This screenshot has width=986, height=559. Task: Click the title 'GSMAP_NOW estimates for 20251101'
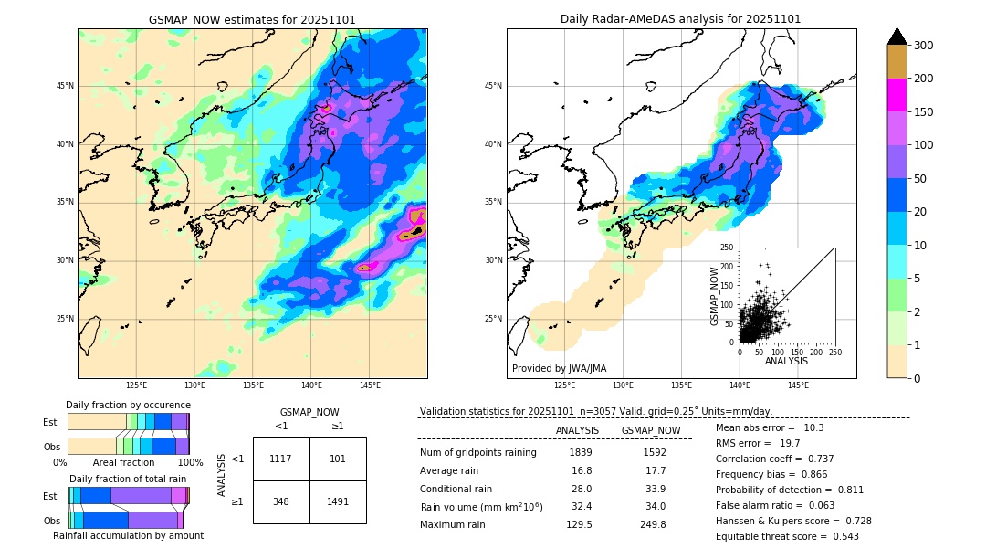point(252,19)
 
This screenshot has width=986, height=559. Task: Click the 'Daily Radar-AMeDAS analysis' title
point(680,19)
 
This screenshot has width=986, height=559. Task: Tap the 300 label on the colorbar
point(924,46)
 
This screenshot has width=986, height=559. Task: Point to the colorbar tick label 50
point(920,179)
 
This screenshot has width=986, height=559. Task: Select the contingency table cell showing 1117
point(281,459)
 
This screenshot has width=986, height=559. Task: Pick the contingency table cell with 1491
point(338,501)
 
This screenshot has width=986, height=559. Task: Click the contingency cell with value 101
point(338,459)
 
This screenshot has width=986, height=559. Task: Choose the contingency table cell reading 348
point(281,501)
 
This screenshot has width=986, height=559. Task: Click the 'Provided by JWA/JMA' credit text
point(559,368)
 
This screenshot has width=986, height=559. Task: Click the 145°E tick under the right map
point(798,385)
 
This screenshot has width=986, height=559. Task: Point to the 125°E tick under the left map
point(136,385)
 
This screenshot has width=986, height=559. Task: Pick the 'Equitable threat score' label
point(772,536)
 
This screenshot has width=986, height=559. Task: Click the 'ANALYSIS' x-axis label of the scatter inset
point(786,362)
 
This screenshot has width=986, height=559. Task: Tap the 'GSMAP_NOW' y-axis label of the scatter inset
point(716,296)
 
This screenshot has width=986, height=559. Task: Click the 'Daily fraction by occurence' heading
point(128,405)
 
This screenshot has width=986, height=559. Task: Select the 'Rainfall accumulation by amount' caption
point(128,535)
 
